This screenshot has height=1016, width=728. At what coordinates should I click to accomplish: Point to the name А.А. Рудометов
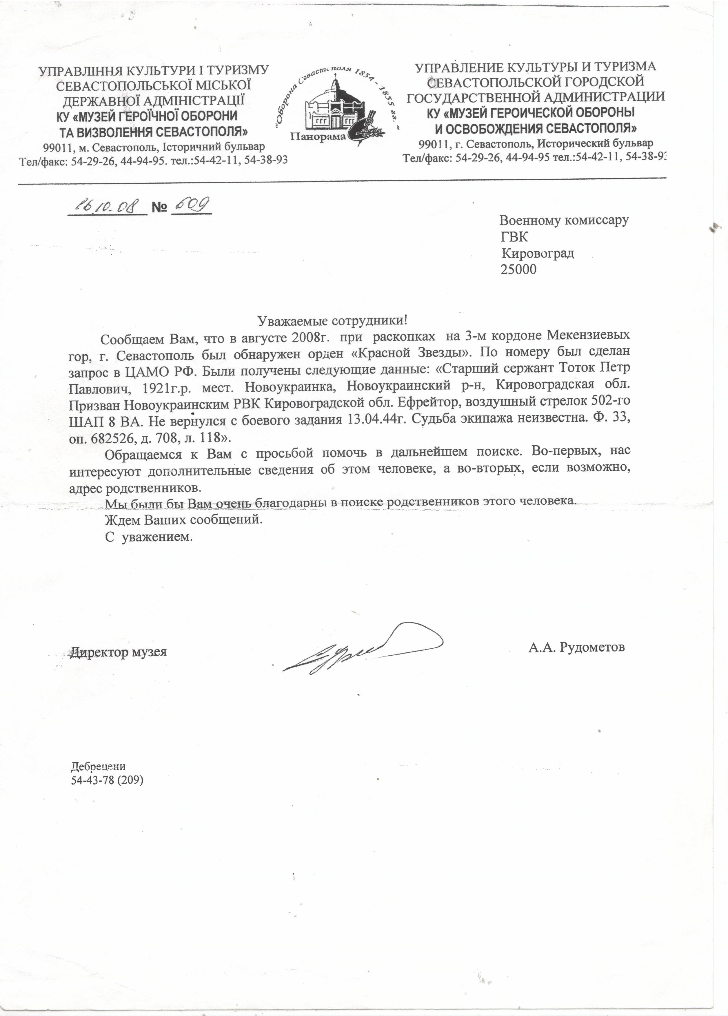(x=576, y=647)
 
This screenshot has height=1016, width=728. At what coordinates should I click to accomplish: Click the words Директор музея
(x=118, y=651)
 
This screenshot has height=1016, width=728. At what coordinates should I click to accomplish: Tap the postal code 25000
(x=518, y=269)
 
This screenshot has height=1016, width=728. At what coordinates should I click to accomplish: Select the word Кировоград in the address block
(x=538, y=253)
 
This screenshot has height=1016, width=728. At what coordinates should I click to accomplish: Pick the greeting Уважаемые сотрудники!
(x=333, y=321)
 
